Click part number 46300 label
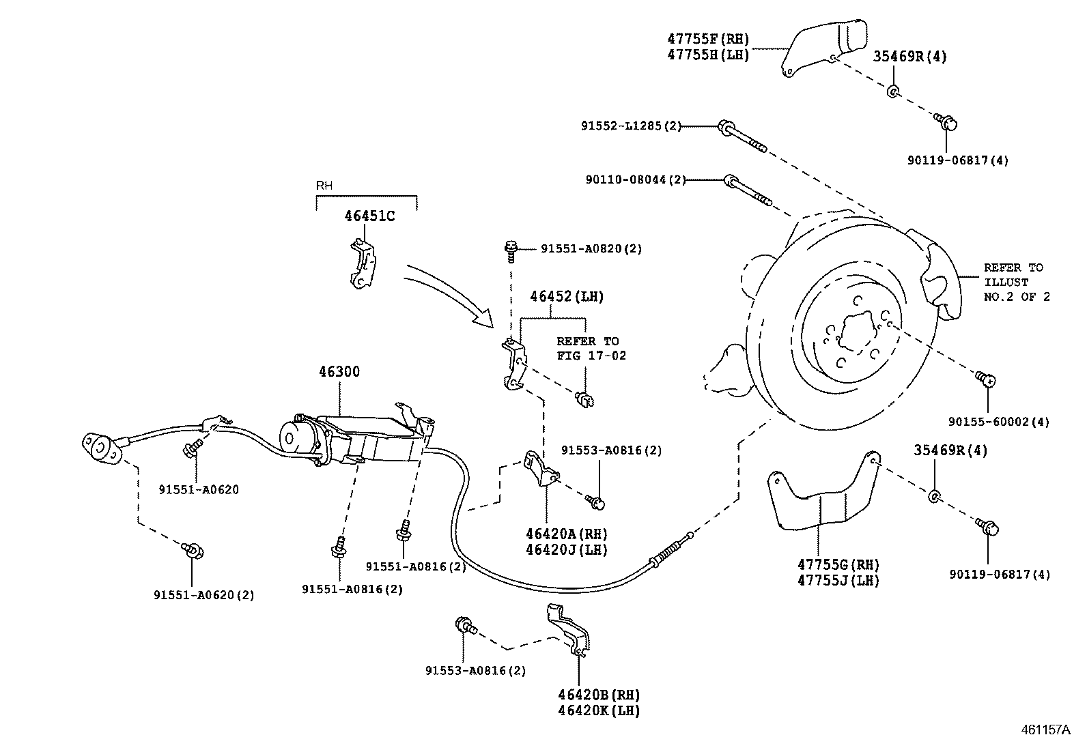pyautogui.click(x=339, y=372)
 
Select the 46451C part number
pyautogui.click(x=369, y=216)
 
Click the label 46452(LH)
pyautogui.click(x=567, y=297)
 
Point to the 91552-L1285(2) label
pyautogui.click(x=631, y=126)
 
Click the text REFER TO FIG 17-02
pyautogui.click(x=591, y=348)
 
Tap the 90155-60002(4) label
pyautogui.click(x=999, y=422)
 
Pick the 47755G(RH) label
pyautogui.click(x=838, y=565)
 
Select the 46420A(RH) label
pyautogui.click(x=566, y=534)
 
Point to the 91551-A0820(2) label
pyautogui.click(x=591, y=249)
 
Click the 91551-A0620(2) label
pyautogui.click(x=203, y=595)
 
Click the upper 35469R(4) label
pyautogui.click(x=909, y=57)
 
